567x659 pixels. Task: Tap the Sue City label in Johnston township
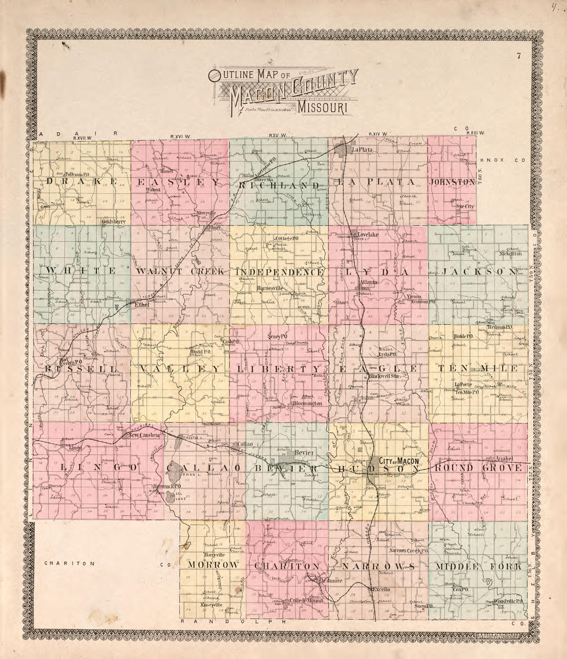[465, 206]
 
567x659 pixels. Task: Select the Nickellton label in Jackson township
[510, 254]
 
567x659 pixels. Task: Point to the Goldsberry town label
[114, 222]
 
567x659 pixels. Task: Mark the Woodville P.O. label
[508, 601]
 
